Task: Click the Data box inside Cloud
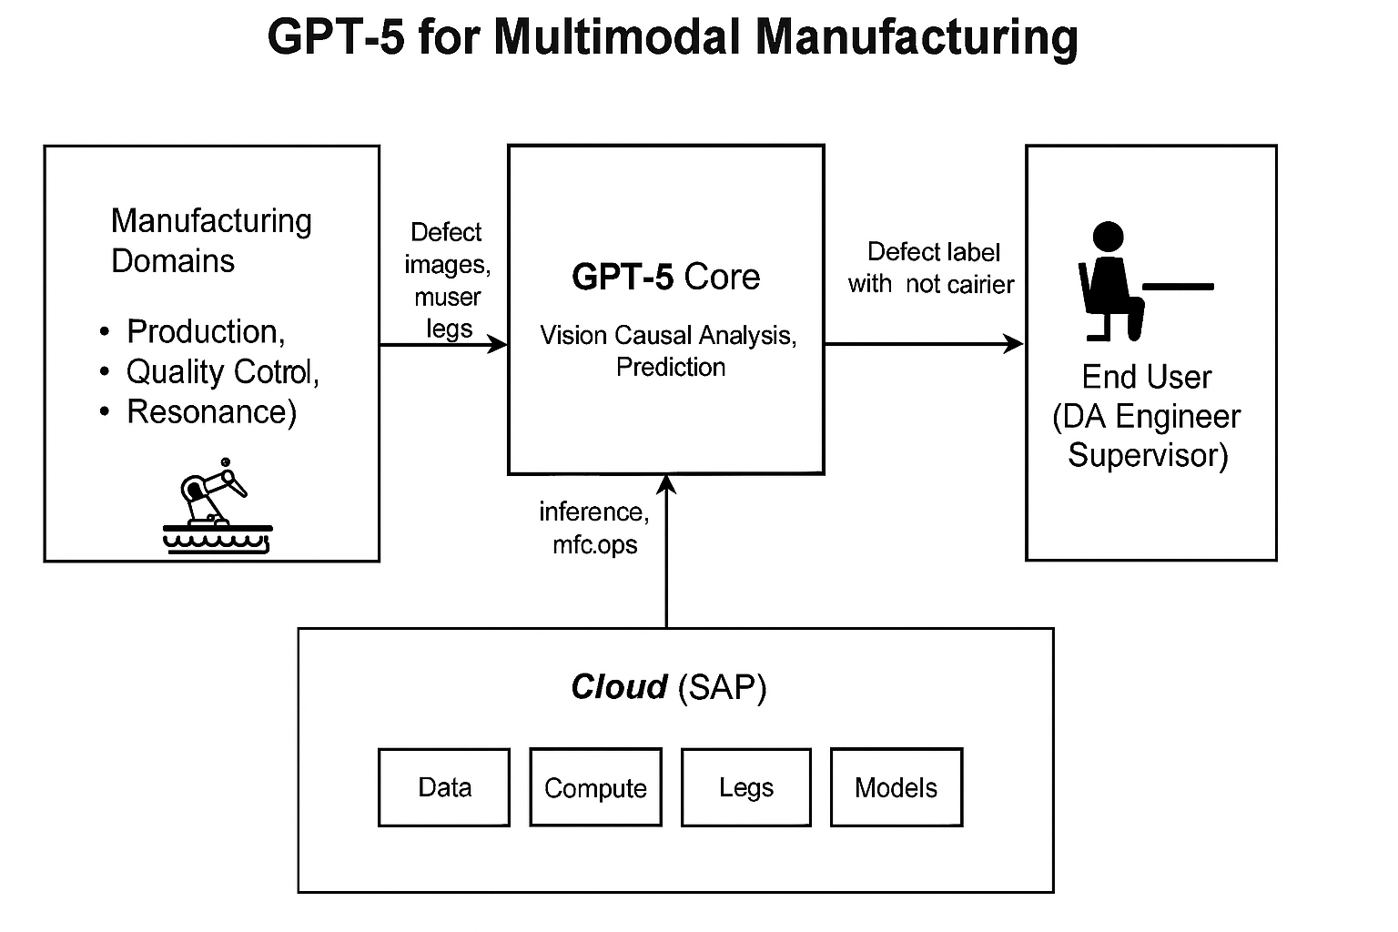[x=444, y=787]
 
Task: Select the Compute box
[x=595, y=787]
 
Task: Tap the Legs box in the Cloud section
[x=745, y=787]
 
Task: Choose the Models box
[x=896, y=787]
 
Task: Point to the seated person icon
[x=1116, y=282]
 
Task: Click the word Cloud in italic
[x=619, y=686]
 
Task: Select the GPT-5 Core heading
[x=665, y=277]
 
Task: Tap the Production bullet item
[x=205, y=331]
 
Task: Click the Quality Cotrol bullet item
[x=222, y=371]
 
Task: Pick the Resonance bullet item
[x=211, y=411]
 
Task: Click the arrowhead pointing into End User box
[x=1014, y=344]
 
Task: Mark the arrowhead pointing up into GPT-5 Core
[x=666, y=484]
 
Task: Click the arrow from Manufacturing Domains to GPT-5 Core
[x=442, y=344]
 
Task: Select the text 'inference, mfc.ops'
[x=594, y=528]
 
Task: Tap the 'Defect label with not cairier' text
[x=931, y=268]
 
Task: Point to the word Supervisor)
[x=1148, y=454]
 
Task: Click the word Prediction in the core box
[x=671, y=367]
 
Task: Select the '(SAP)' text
[x=723, y=686]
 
